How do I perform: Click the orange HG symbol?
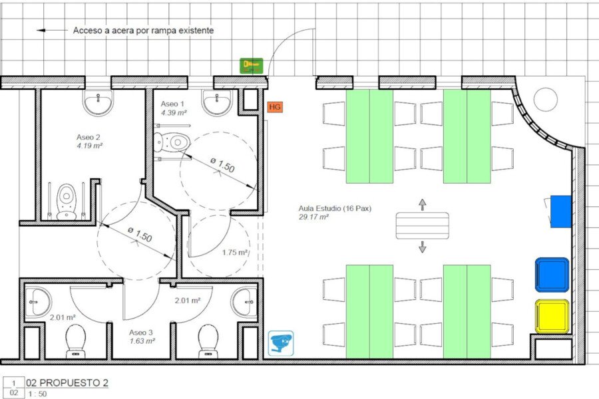point(275,107)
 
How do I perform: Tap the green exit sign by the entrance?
point(252,66)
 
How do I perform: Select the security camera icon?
point(281,343)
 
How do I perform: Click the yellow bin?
point(552,317)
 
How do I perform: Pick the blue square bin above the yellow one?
point(552,275)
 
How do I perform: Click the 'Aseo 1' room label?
point(172,104)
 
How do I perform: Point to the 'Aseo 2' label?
point(89,137)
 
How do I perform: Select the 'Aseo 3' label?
point(141,332)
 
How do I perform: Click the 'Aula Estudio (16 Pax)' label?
point(335,208)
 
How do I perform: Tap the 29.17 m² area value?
point(313,217)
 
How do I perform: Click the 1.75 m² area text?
point(235,253)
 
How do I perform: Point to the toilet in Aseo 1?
point(172,142)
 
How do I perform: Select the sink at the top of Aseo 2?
point(99,102)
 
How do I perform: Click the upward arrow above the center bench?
point(422,205)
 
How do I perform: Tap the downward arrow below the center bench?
point(422,247)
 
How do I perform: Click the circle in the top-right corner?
point(546,100)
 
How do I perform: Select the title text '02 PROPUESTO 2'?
point(67,382)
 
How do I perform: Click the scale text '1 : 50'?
point(37,394)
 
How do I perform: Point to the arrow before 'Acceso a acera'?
point(52,30)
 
